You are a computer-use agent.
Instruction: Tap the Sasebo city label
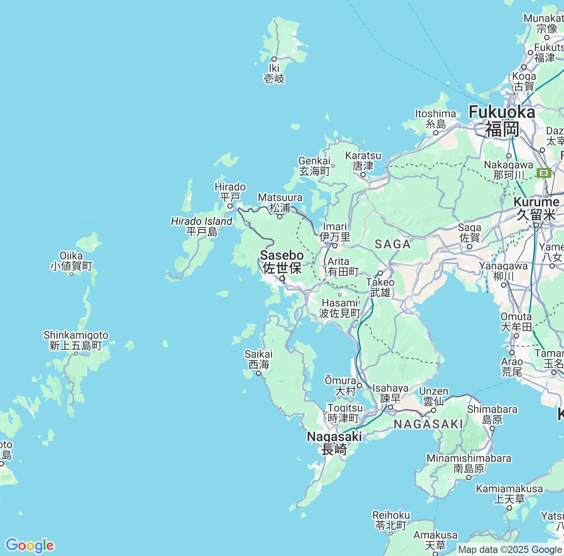[282, 261]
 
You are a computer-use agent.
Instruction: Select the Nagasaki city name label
[334, 443]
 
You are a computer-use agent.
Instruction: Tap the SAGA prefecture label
[393, 244]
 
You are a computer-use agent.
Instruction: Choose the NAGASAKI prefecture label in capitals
[428, 425]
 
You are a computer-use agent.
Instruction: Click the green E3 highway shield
[545, 173]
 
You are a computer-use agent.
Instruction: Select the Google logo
[30, 545]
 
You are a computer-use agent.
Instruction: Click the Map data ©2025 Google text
[510, 550]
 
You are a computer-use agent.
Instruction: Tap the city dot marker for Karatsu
[363, 175]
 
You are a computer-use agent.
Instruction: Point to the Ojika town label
[71, 260]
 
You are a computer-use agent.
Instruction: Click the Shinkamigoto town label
[76, 340]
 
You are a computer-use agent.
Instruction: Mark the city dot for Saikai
[259, 373]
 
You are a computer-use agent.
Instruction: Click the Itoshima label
[435, 119]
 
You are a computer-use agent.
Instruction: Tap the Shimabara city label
[492, 414]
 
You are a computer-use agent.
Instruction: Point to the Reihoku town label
[391, 520]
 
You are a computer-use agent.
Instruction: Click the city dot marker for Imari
[334, 246]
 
